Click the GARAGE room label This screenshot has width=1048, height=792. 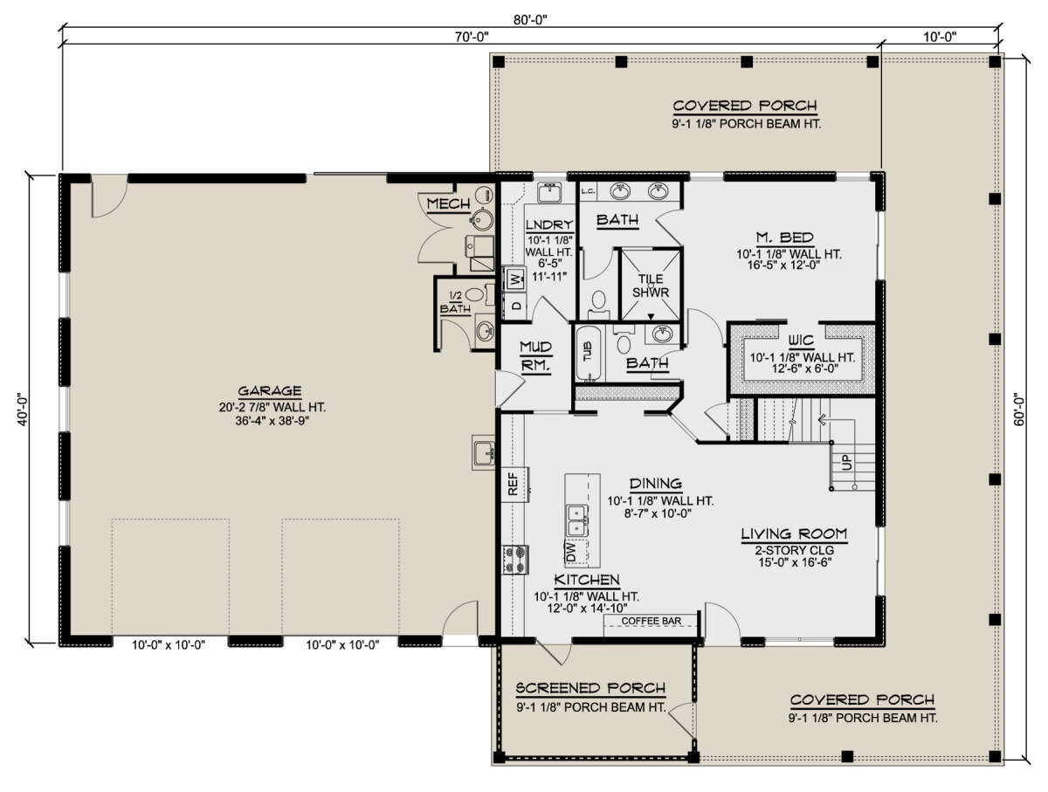click(x=270, y=391)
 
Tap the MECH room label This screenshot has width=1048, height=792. click(x=448, y=203)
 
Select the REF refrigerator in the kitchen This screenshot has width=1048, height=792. click(x=515, y=484)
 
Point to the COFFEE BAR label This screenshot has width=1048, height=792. click(x=652, y=621)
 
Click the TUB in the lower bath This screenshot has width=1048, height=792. click(x=588, y=352)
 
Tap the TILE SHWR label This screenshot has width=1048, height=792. click(x=651, y=286)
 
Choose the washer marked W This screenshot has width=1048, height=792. click(x=515, y=279)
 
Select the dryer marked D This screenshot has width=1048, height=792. click(x=516, y=306)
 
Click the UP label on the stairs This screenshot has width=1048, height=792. click(x=846, y=462)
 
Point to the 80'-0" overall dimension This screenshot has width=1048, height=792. click(x=530, y=19)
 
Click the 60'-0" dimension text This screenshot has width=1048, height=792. click(x=1018, y=410)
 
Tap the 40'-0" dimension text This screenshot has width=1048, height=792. click(x=23, y=410)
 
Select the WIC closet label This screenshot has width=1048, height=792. click(x=801, y=341)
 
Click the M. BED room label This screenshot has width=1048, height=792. click(x=785, y=238)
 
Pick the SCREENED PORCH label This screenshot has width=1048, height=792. click(x=590, y=688)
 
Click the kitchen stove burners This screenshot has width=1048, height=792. click(x=515, y=560)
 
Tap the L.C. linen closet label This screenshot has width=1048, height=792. click(x=589, y=192)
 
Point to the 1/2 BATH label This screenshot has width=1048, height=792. click(x=456, y=302)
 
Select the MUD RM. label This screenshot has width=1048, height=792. click(x=535, y=356)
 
